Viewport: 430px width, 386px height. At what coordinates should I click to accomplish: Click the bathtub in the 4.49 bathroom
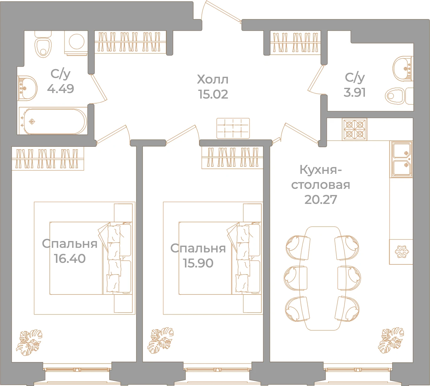point(53,121)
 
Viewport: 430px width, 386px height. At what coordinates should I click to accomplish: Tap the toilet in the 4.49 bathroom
point(43,44)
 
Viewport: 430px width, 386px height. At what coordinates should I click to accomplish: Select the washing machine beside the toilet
point(76,42)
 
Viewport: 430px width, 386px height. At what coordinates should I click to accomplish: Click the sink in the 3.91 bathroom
point(403,68)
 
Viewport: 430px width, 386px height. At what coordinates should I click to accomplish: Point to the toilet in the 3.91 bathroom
point(399,96)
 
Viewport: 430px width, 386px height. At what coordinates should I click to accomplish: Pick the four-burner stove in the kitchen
point(354,129)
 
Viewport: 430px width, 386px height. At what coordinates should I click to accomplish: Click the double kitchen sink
point(401,159)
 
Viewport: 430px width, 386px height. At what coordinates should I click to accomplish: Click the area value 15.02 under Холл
point(213,94)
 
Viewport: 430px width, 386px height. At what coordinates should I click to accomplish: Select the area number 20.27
point(321,200)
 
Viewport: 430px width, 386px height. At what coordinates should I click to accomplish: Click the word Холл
point(213,79)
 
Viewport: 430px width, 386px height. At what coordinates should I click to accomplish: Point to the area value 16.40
point(70,259)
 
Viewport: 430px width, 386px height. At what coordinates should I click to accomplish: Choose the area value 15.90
point(198,263)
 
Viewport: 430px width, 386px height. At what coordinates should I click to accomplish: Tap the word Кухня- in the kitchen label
point(320,170)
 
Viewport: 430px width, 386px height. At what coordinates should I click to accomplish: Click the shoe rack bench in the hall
point(233,128)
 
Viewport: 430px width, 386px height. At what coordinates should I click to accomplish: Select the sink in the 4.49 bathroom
point(27,88)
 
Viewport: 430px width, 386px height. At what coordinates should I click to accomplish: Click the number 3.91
point(354,92)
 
